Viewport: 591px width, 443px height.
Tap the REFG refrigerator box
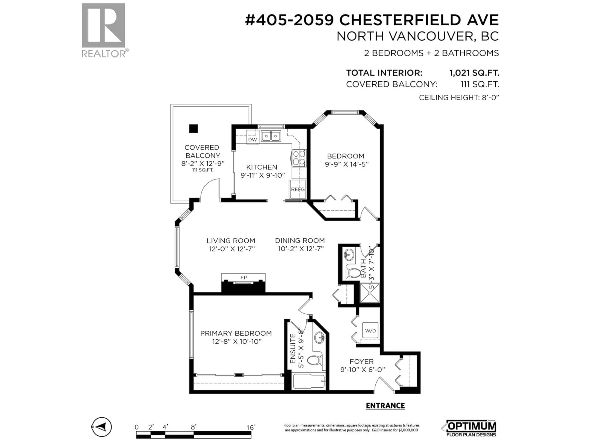pos(298,189)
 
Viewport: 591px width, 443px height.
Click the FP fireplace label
pos(243,277)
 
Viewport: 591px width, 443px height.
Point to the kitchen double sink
pos(271,136)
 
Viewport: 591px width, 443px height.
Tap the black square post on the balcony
pos(193,129)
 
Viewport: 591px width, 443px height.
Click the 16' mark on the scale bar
pos(251,427)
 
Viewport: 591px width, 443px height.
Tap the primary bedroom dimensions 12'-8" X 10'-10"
pos(236,341)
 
